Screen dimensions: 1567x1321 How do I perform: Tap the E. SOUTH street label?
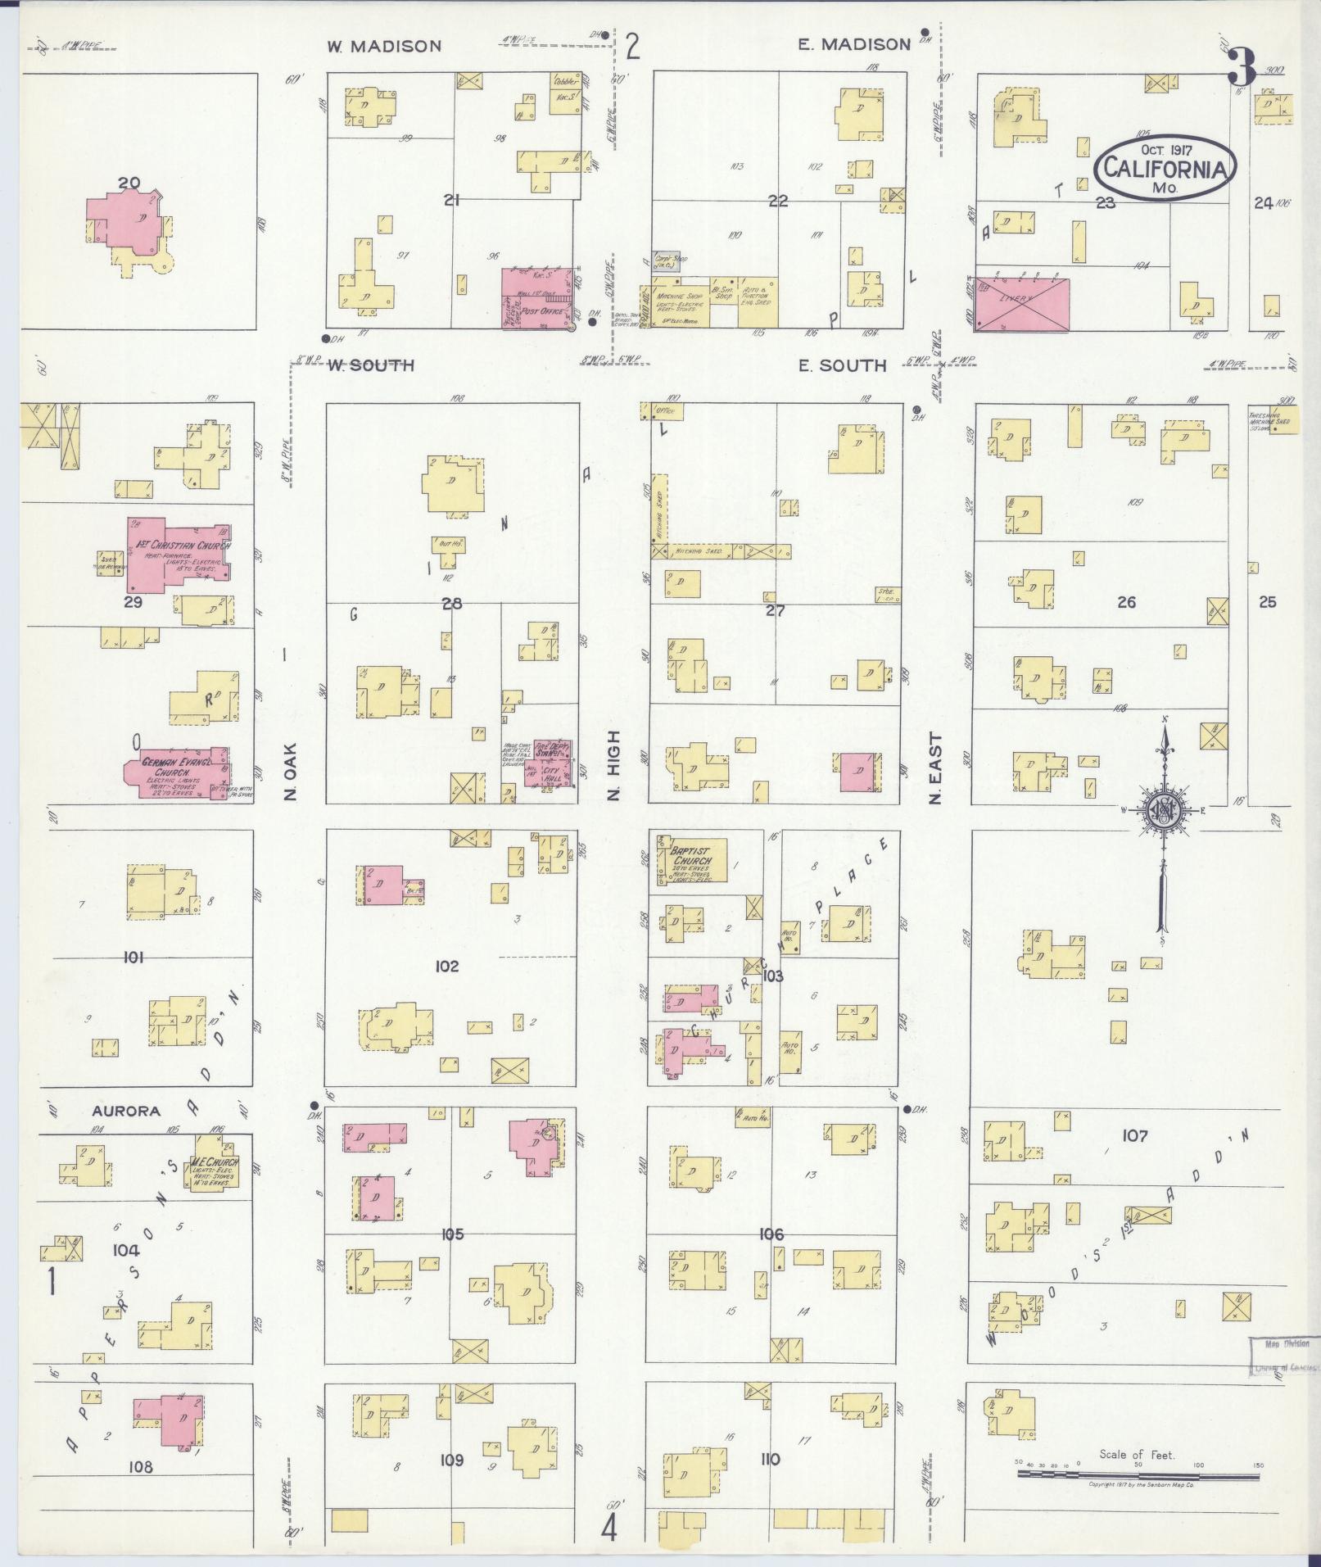[843, 365]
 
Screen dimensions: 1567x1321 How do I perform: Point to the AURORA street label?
[126, 1112]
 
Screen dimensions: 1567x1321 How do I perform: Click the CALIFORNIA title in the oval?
[1166, 168]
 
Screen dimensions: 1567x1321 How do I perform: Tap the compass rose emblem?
[1160, 812]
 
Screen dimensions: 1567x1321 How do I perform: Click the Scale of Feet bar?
[1138, 1474]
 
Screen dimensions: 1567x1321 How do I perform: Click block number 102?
[447, 967]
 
